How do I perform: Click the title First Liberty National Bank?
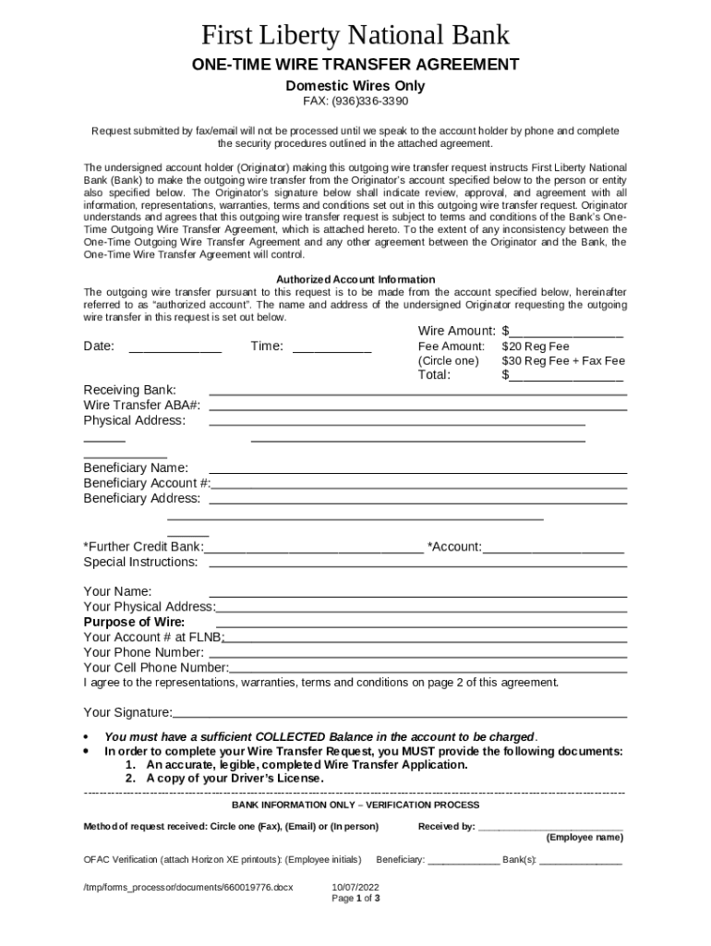355,35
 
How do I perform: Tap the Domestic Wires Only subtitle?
355,85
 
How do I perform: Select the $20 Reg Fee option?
536,346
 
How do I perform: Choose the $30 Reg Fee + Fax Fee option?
563,360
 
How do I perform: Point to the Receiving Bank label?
129,391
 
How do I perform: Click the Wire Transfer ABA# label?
142,406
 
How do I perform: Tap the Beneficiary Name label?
136,468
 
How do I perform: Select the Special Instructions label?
140,562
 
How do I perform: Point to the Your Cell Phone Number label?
156,668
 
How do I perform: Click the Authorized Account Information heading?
355,279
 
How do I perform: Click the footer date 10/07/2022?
355,887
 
